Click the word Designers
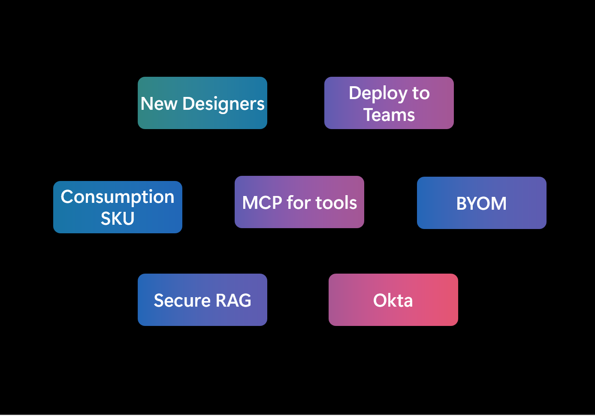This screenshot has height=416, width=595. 224,104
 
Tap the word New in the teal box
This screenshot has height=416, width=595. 159,104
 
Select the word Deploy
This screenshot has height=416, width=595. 378,93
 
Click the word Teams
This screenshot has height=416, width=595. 389,115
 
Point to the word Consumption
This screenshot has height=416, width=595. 118,197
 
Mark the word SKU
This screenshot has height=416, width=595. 118,219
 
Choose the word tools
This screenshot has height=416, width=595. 336,203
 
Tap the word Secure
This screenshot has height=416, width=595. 182,301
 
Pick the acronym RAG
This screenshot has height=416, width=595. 233,301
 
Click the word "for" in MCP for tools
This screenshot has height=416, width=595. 299,203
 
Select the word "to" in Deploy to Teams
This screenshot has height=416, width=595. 421,93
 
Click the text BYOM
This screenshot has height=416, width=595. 481,204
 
